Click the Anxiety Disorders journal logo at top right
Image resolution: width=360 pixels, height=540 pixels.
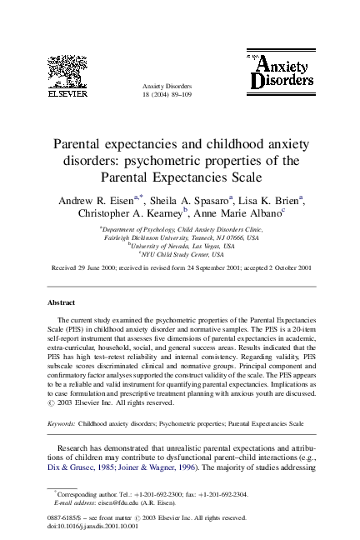pos(281,70)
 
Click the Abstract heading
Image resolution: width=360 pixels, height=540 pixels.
pos(61,302)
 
